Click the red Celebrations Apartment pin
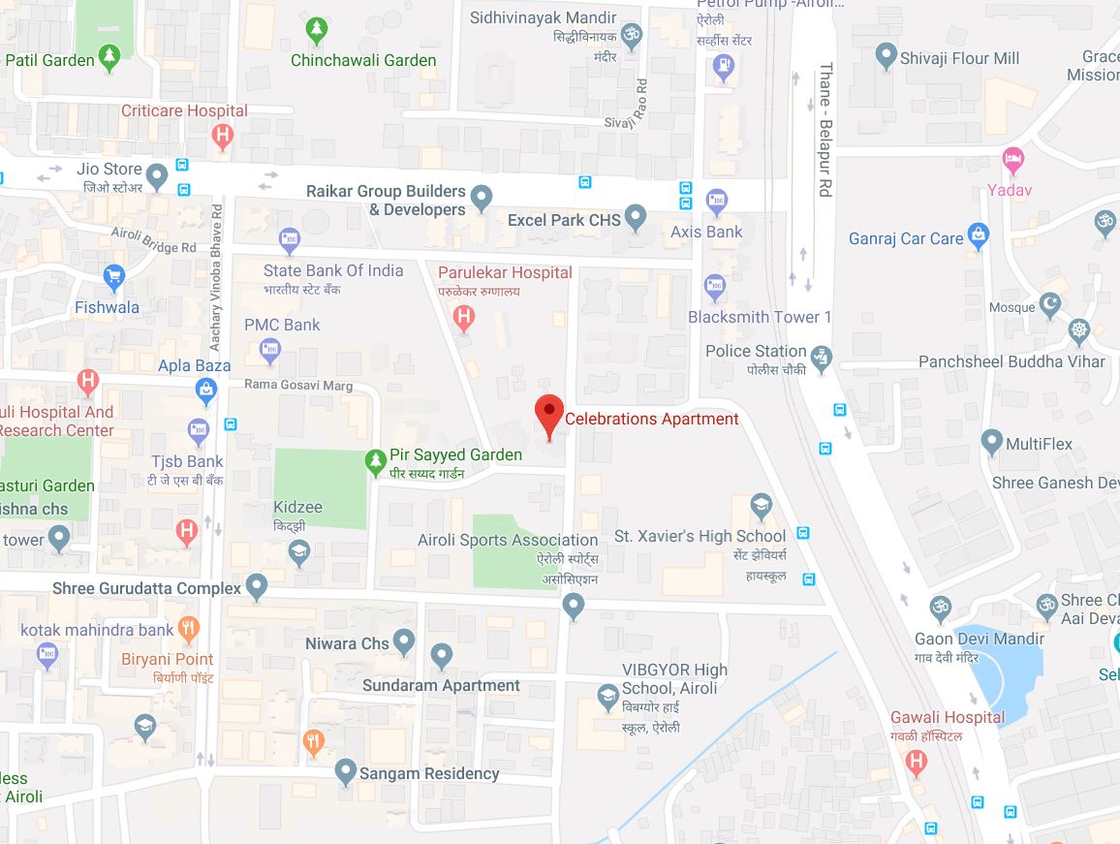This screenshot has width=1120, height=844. [549, 415]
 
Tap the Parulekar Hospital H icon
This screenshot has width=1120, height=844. [464, 315]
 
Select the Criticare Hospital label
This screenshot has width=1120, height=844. [184, 110]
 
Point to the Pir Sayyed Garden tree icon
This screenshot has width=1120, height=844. [375, 461]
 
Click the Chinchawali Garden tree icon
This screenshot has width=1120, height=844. [316, 31]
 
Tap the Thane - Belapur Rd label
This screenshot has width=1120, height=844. [825, 131]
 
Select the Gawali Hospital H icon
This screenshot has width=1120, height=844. [916, 763]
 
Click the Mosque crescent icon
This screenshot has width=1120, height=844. [1050, 306]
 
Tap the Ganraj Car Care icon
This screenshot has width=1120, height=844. [980, 234]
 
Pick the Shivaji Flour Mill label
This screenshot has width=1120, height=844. [959, 58]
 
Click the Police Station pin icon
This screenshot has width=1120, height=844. [822, 357]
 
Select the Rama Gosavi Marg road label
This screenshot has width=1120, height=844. [297, 386]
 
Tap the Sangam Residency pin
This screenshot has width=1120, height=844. [345, 771]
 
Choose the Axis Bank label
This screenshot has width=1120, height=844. [706, 232]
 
